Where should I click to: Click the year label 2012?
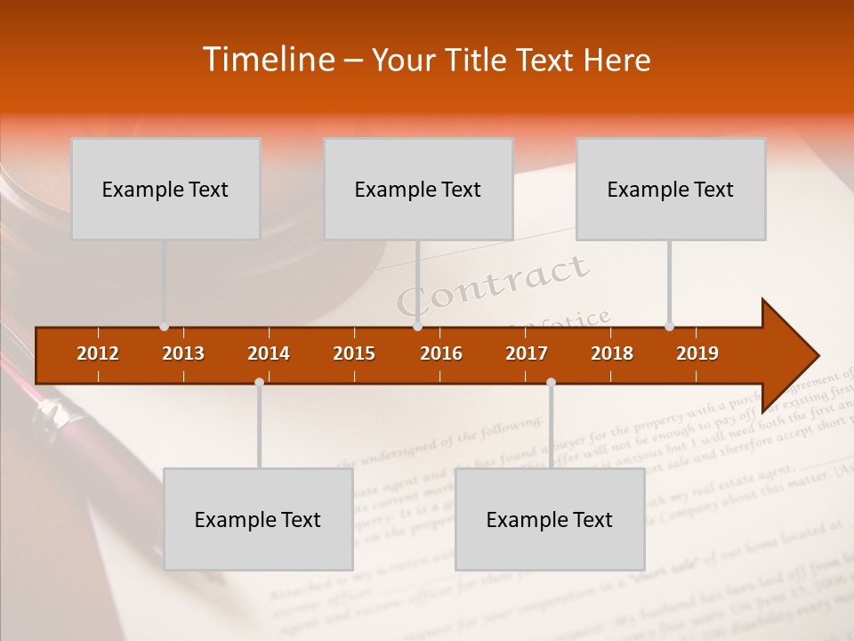pyautogui.click(x=98, y=354)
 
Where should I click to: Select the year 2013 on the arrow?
pyautogui.click(x=183, y=354)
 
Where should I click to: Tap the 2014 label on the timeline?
pyautogui.click(x=269, y=354)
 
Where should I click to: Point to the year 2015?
pyautogui.click(x=354, y=354)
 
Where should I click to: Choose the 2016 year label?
pyautogui.click(x=441, y=354)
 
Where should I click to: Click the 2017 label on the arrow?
pyautogui.click(x=527, y=354)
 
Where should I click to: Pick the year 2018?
pyautogui.click(x=612, y=354)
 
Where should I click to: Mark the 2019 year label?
pyautogui.click(x=697, y=354)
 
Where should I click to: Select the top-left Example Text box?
pyautogui.click(x=165, y=189)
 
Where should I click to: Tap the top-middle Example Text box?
pyautogui.click(x=418, y=189)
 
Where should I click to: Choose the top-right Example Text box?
pyautogui.click(x=671, y=189)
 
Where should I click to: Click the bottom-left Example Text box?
pyautogui.click(x=258, y=519)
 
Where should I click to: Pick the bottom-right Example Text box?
pyautogui.click(x=550, y=519)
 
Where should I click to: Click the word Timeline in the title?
pyautogui.click(x=266, y=60)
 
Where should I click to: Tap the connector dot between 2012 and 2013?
pyautogui.click(x=164, y=327)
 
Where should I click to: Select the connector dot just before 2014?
pyautogui.click(x=259, y=383)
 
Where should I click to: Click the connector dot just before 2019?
pyautogui.click(x=669, y=327)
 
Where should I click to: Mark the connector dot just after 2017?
pyautogui.click(x=551, y=383)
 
